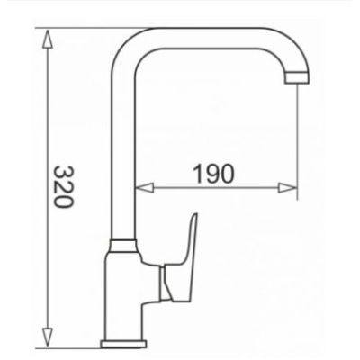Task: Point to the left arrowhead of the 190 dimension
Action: coord(139,190)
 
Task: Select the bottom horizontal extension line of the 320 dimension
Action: coord(72,346)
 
